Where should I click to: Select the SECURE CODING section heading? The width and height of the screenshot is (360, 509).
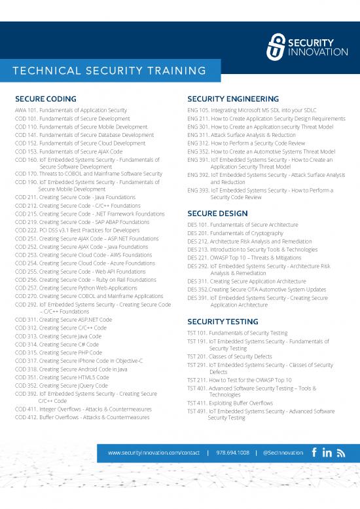click(x=45, y=99)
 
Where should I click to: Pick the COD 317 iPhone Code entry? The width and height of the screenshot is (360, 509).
click(x=79, y=361)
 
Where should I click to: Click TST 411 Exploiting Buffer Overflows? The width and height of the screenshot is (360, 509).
click(x=243, y=403)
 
